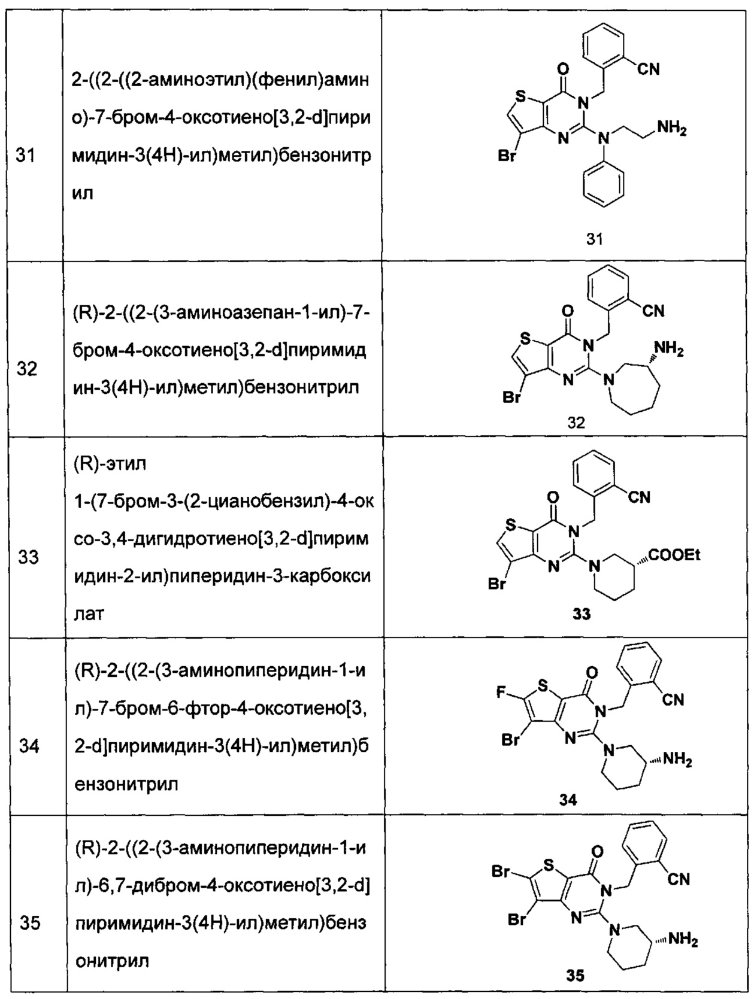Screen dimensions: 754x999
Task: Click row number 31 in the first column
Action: [26, 156]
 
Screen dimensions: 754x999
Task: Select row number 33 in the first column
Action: [28, 557]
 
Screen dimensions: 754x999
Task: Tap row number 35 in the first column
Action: [29, 923]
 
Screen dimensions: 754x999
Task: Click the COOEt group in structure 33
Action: [674, 555]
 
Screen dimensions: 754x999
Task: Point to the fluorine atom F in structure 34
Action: [501, 693]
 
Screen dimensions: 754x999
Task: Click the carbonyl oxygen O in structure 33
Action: [553, 497]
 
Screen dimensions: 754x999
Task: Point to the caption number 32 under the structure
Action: [576, 423]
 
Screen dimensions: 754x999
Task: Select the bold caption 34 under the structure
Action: [568, 800]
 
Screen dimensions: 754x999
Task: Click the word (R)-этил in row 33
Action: [110, 464]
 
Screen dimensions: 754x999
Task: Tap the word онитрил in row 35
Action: [112, 961]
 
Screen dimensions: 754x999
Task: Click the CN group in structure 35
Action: [679, 879]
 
